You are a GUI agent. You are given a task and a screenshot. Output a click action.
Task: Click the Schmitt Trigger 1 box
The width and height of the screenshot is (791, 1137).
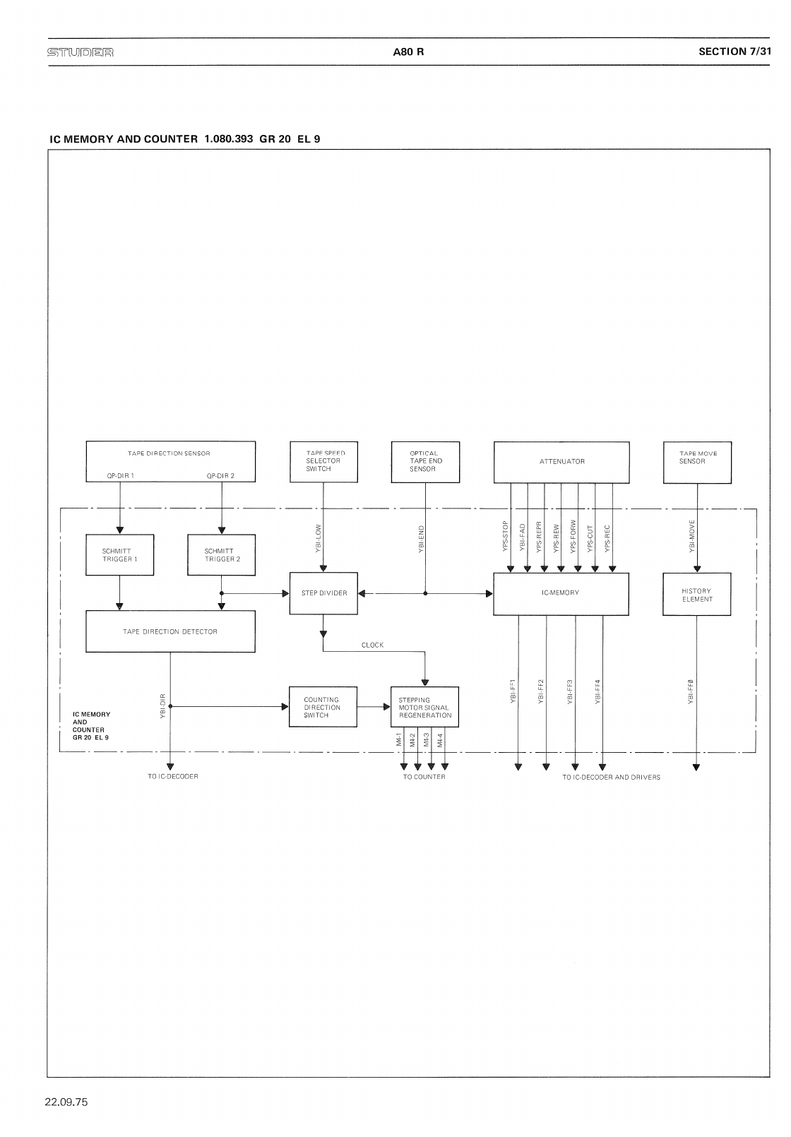[x=119, y=555]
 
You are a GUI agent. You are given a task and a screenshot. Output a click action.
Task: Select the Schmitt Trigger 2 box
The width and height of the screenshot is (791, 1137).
[x=222, y=555]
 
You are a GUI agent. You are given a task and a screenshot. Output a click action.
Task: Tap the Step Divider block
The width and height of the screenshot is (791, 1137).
[x=323, y=593]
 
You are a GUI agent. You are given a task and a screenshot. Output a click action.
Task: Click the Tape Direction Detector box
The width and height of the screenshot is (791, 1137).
[x=170, y=631]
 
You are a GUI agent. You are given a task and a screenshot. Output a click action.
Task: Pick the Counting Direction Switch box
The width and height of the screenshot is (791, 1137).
[x=323, y=707]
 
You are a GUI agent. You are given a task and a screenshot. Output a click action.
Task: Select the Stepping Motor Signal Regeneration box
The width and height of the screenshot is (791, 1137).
[x=424, y=707]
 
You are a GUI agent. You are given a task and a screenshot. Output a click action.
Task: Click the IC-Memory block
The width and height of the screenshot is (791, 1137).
[x=561, y=593]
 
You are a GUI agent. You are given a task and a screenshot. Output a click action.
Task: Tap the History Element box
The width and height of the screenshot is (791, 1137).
[x=696, y=595]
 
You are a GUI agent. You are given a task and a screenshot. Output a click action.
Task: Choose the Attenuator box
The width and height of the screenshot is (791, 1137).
[x=561, y=462]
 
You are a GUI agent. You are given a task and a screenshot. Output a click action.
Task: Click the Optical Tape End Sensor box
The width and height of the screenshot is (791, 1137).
[x=425, y=462]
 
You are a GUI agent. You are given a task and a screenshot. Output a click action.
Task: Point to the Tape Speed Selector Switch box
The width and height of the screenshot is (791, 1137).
[x=323, y=462]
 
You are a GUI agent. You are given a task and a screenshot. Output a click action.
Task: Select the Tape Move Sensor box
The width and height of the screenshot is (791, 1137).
[x=697, y=462]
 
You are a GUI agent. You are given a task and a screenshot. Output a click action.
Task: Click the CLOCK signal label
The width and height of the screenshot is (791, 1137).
[x=372, y=645]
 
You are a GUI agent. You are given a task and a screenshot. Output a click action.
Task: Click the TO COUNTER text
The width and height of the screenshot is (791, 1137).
[x=424, y=777]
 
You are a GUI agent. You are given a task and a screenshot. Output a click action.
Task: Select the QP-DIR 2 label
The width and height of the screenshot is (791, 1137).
[x=220, y=476]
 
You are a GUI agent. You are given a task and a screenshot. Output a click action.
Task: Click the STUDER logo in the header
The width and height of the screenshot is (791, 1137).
[x=81, y=52]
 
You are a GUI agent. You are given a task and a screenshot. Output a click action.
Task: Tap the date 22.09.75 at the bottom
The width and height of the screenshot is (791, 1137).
[x=66, y=1102]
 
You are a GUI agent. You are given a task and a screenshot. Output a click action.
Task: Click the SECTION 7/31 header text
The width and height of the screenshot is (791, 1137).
[x=733, y=52]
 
